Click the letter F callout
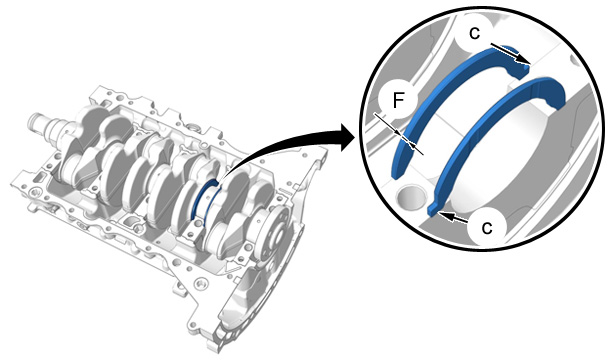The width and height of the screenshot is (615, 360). point(398,100)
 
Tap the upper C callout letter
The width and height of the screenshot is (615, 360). point(474,33)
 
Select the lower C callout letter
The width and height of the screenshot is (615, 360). point(486,227)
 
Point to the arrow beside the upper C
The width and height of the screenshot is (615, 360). point(510,53)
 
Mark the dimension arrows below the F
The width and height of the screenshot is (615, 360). point(399,134)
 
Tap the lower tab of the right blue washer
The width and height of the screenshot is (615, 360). point(433,209)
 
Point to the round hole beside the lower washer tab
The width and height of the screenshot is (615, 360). point(411,196)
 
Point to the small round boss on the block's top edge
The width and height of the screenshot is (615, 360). point(192,127)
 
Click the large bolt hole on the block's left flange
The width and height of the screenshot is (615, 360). point(33,193)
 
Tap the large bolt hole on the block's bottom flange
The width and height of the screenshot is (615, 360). point(201,282)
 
